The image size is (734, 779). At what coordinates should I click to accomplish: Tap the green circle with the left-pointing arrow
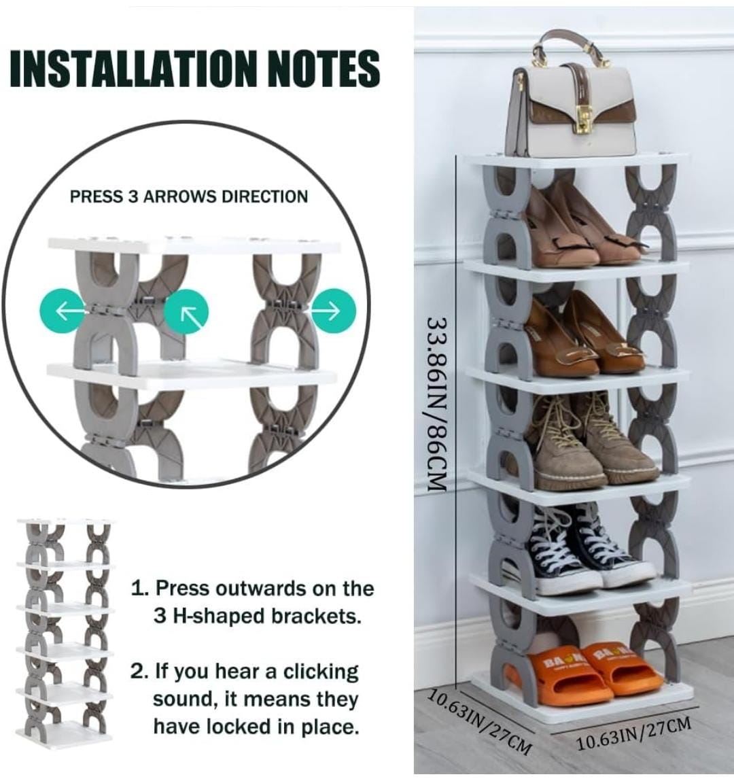click(x=62, y=311)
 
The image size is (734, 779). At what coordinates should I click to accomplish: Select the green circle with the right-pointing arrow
click(x=334, y=311)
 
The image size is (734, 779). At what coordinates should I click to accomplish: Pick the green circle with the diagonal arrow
click(x=186, y=311)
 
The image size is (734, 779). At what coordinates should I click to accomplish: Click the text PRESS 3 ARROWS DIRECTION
click(x=189, y=196)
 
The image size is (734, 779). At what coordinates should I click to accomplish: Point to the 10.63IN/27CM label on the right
click(x=633, y=733)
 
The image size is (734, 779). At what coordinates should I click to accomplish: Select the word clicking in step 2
click(x=321, y=672)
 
